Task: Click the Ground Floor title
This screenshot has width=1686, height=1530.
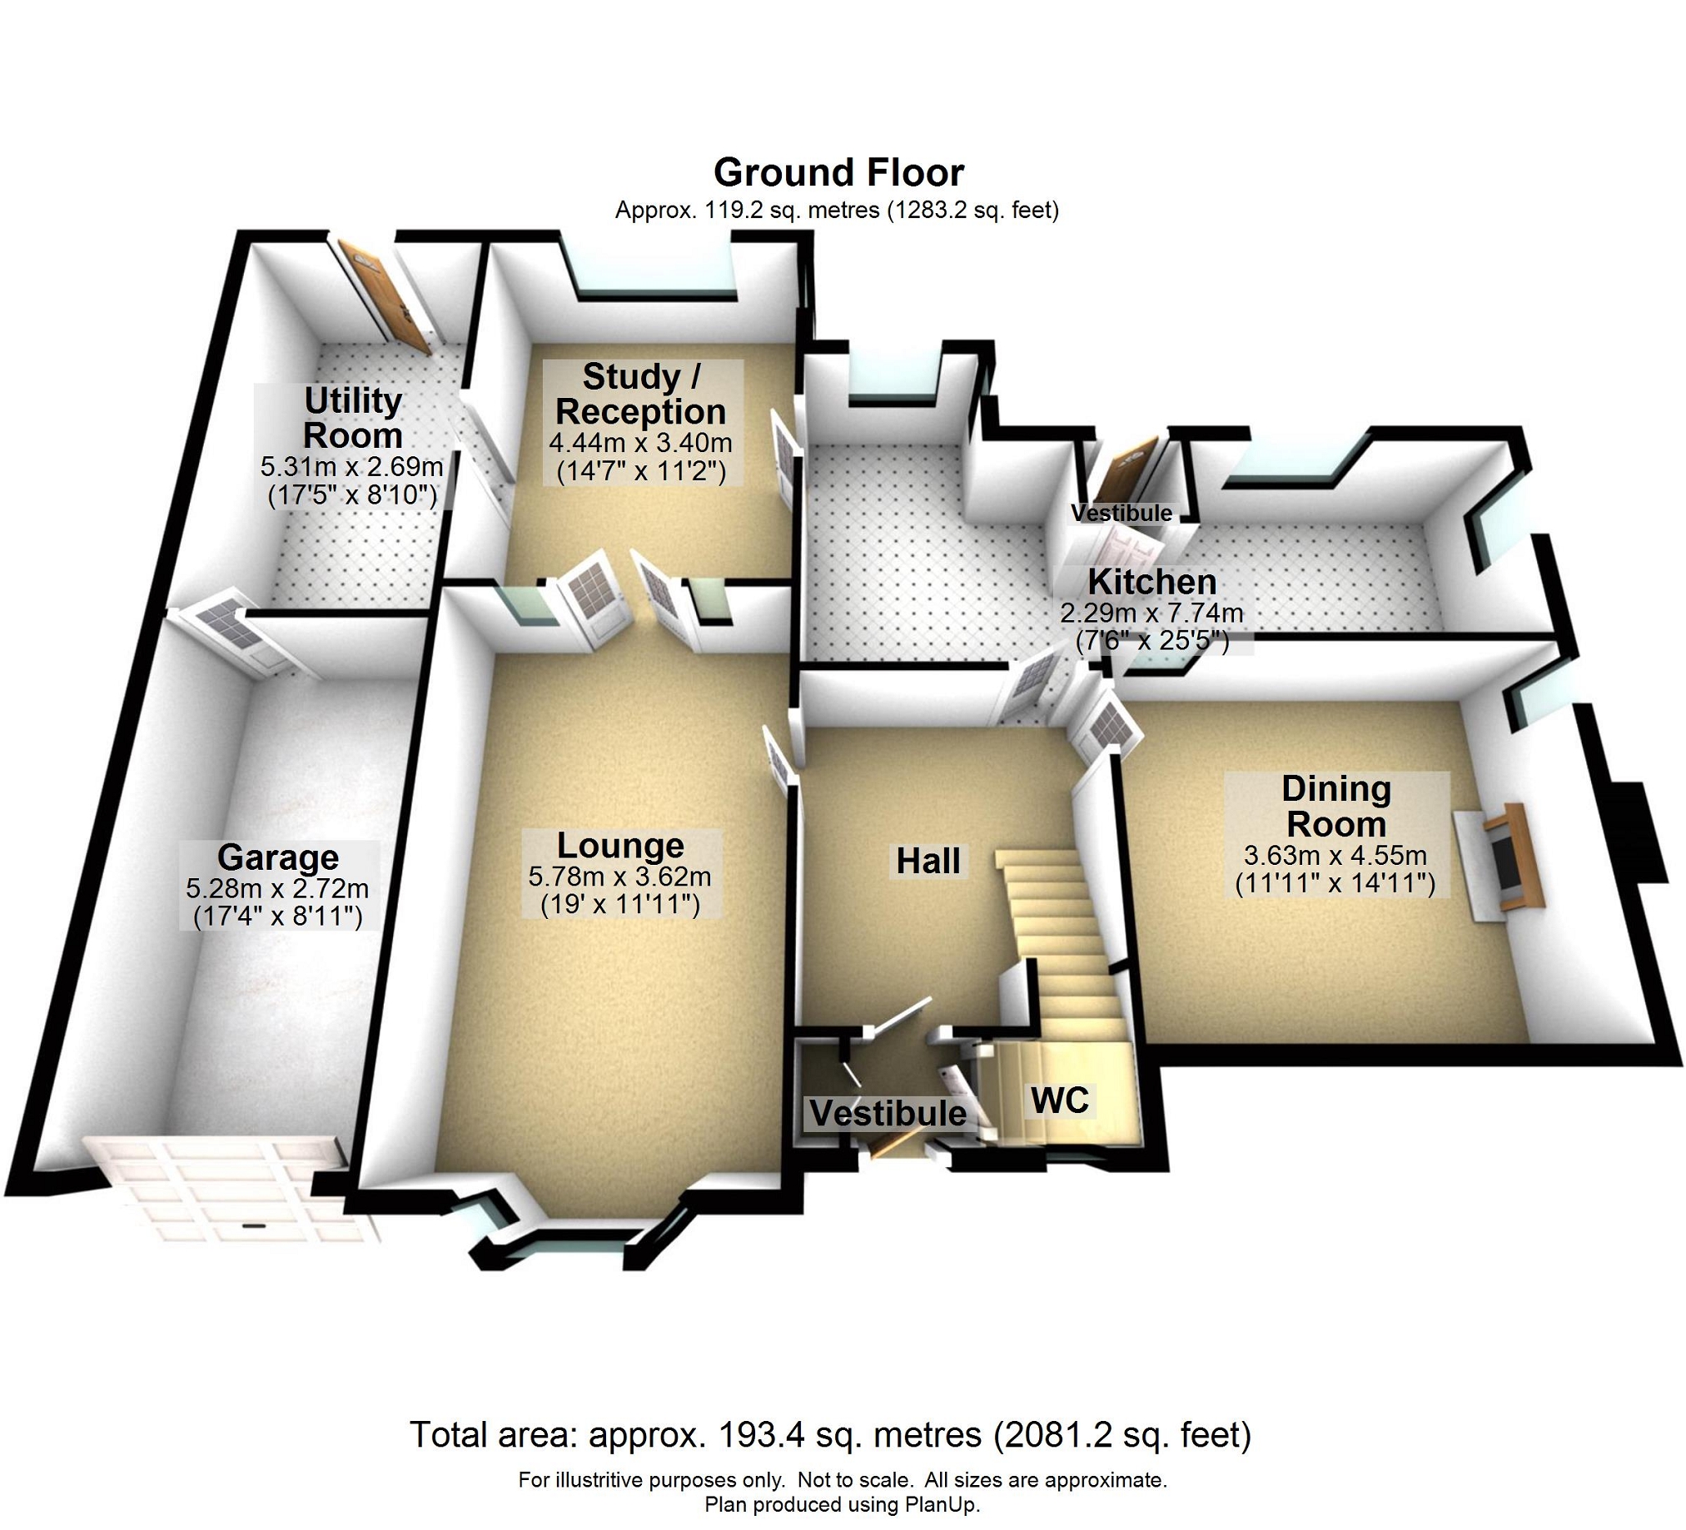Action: (x=838, y=172)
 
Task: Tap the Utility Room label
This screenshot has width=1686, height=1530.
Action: (x=353, y=418)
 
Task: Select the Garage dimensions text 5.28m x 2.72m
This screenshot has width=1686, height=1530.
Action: (x=276, y=888)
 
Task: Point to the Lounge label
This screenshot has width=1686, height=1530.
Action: (x=619, y=845)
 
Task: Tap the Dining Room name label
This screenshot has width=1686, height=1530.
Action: (x=1335, y=806)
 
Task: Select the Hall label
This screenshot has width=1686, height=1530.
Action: (x=928, y=860)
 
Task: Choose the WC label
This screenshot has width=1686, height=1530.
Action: (x=1060, y=1100)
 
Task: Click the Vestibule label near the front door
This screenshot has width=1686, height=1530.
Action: (x=888, y=1114)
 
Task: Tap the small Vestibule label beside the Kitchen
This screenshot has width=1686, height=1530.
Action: (x=1121, y=513)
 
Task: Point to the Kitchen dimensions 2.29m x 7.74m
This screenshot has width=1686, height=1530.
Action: (x=1151, y=613)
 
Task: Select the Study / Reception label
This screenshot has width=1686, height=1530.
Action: (x=641, y=394)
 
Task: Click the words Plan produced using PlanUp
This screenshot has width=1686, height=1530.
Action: (x=841, y=1505)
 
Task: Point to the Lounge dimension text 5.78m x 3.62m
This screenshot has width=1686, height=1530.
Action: (x=619, y=877)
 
